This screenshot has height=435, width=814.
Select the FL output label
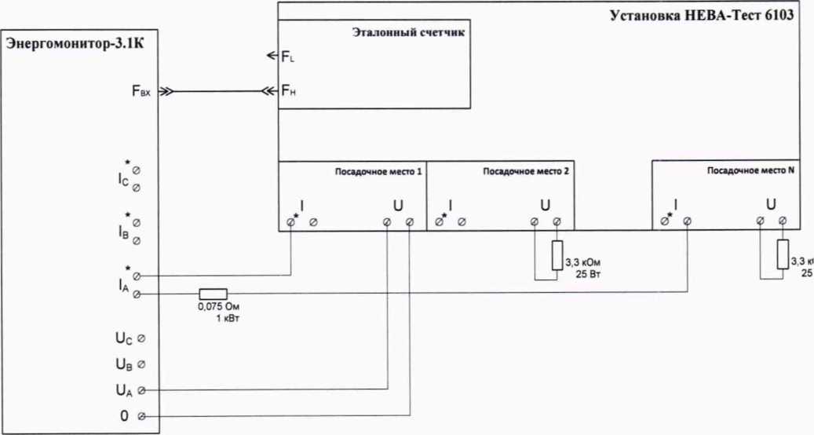click(x=287, y=57)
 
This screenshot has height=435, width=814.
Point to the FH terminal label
click(x=287, y=92)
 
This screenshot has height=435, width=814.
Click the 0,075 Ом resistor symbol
click(x=213, y=294)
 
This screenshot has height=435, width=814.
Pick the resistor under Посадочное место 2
click(x=557, y=255)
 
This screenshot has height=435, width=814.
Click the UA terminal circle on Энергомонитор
click(x=141, y=389)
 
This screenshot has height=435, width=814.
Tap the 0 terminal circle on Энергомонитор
click(x=141, y=416)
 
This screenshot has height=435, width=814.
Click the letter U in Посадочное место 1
click(x=398, y=206)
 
